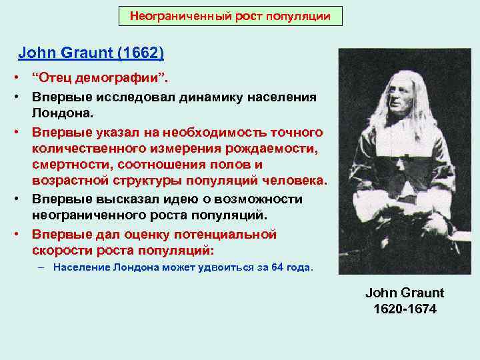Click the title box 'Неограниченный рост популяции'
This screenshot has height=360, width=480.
(x=230, y=15)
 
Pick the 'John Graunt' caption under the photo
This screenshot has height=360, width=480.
(x=405, y=293)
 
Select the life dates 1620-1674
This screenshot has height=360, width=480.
(x=405, y=309)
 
